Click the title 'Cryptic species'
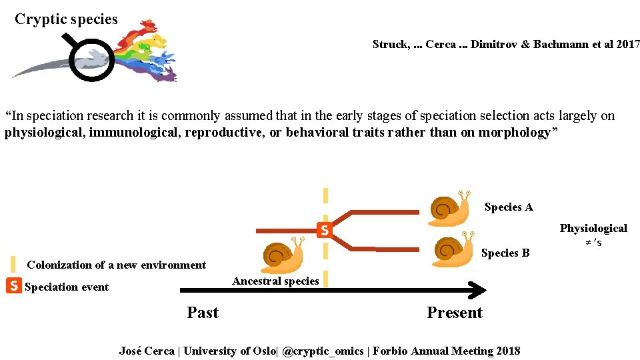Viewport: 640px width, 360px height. (66, 19)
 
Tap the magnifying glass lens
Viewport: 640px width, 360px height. (92, 60)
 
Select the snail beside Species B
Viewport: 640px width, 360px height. (453, 250)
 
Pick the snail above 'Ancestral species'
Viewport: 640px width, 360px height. (283, 255)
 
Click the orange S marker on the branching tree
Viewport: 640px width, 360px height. (323, 230)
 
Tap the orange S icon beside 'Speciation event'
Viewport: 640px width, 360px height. (13, 286)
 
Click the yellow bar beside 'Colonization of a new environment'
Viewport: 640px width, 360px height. (13, 264)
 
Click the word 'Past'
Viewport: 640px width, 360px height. (203, 313)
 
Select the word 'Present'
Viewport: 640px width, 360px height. (455, 313)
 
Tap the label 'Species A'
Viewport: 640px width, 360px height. (509, 207)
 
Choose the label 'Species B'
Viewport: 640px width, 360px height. (505, 253)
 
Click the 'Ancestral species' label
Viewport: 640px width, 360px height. (275, 281)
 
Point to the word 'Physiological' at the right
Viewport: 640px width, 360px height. (593, 229)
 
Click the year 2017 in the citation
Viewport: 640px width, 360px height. (627, 45)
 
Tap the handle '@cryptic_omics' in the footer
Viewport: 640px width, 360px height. (323, 351)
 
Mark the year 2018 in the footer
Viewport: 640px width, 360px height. (509, 351)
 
